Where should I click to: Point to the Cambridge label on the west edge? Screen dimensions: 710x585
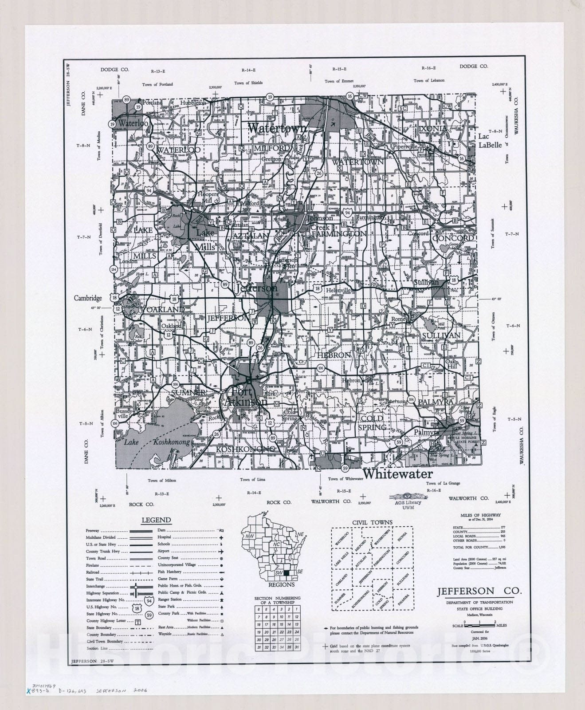[88, 298]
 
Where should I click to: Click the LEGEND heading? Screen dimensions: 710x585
[156, 520]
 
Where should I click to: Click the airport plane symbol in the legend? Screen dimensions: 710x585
[220, 551]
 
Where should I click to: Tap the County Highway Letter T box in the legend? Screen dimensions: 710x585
[137, 622]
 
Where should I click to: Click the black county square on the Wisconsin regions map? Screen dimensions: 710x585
[286, 573]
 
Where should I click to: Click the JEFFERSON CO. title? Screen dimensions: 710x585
[479, 592]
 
